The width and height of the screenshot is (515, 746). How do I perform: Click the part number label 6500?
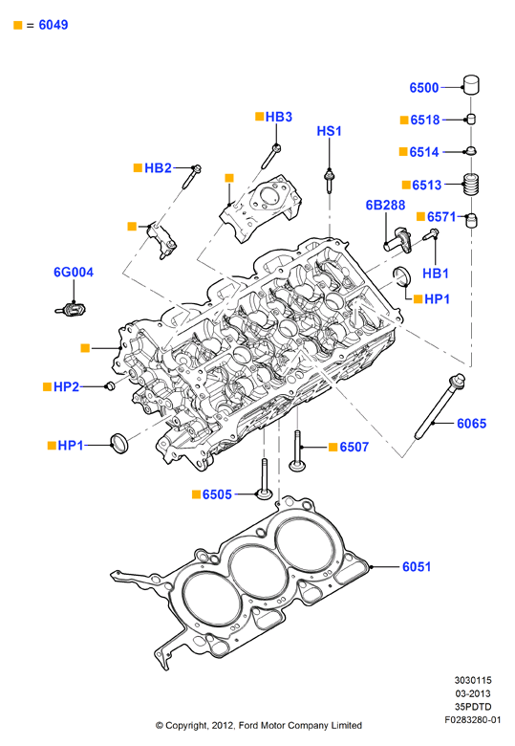(424, 88)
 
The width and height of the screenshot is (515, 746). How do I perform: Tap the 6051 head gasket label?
(417, 566)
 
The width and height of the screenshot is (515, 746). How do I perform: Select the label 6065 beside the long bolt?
(472, 424)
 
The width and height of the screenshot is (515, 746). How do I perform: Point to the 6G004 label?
(74, 273)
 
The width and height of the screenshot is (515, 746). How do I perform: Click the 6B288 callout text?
(385, 205)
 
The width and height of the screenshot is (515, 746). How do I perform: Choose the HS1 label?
(330, 131)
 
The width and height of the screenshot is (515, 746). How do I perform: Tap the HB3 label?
(279, 117)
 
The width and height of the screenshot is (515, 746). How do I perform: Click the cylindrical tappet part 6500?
(471, 85)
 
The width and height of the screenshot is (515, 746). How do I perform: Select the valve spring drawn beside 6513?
(471, 185)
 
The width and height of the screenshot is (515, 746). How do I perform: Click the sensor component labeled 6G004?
(72, 309)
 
